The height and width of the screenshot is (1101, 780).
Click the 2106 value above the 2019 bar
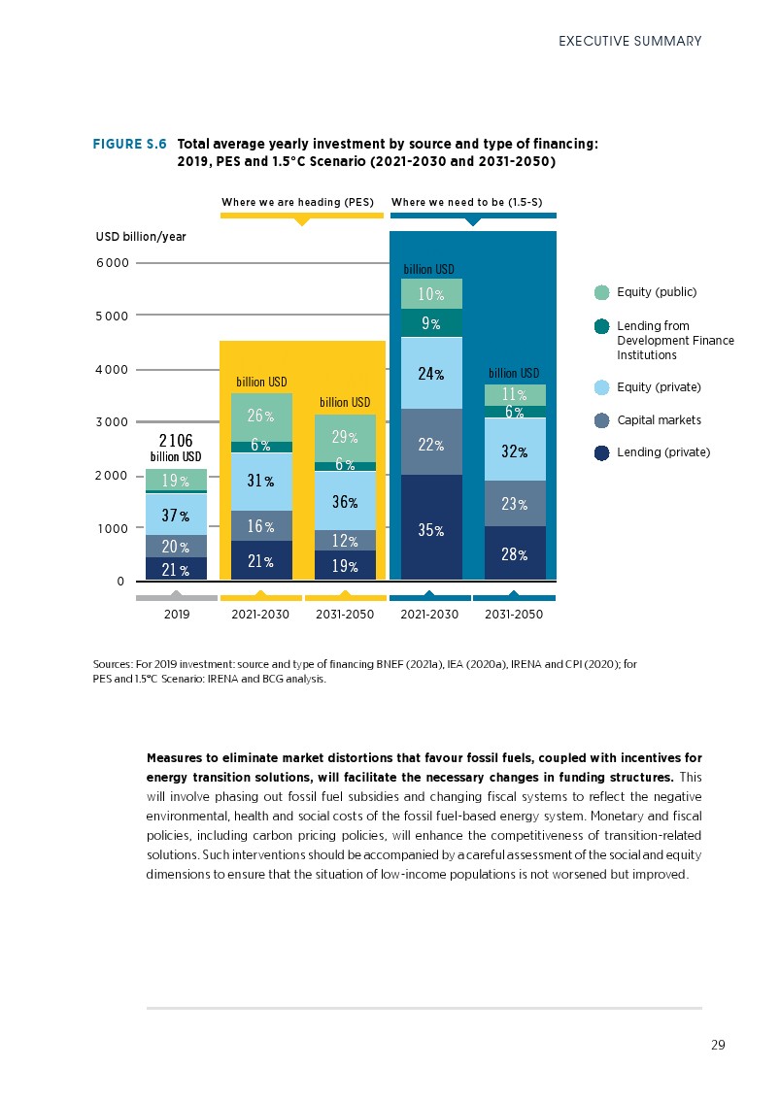point(176,441)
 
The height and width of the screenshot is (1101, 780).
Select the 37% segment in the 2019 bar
point(176,516)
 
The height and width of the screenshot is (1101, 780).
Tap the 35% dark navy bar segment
point(431,530)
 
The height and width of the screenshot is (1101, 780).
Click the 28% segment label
point(515,554)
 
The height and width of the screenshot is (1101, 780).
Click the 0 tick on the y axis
point(120,582)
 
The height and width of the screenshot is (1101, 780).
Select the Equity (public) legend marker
point(601,292)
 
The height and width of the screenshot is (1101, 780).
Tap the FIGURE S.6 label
point(130,144)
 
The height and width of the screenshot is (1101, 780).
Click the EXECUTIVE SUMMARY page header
point(629,41)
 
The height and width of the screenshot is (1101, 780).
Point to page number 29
point(718,1045)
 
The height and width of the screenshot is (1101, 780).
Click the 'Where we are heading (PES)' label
point(297,202)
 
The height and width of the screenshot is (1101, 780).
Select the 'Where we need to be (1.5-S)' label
point(466,202)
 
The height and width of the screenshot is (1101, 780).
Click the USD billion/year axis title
point(141,236)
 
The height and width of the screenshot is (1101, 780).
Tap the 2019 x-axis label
point(176,616)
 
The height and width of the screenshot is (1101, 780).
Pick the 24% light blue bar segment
point(431,372)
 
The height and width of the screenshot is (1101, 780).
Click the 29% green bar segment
point(345,439)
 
